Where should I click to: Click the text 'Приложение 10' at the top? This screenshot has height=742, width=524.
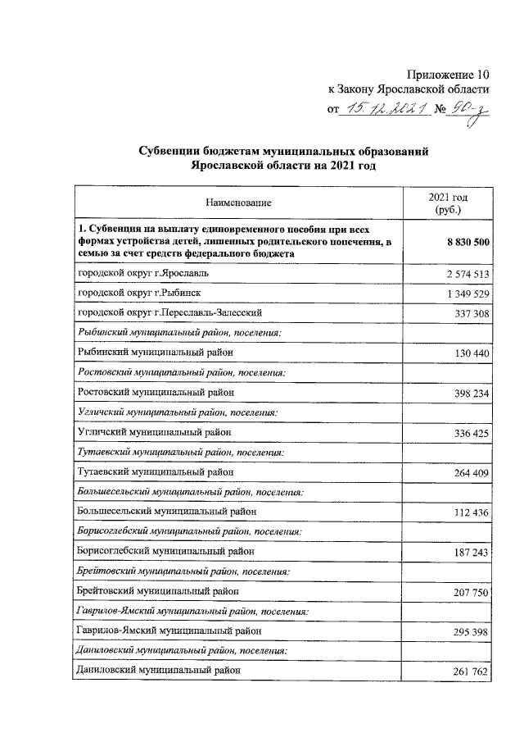pos(449,75)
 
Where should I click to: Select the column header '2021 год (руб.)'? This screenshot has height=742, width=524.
pos(449,203)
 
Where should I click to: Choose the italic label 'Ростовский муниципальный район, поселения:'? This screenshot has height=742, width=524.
pos(181,372)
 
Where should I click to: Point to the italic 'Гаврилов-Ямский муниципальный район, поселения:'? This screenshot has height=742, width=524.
pos(192,612)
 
